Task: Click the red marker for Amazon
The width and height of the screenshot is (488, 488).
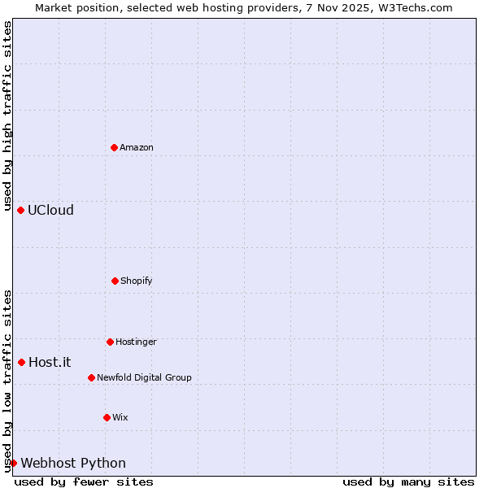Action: coord(114,147)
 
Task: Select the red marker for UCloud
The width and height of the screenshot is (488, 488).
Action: coord(20,210)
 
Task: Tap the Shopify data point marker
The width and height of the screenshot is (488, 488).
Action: coord(115,281)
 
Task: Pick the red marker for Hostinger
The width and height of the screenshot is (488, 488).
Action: coord(110,342)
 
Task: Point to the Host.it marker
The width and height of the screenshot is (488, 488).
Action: coord(21,362)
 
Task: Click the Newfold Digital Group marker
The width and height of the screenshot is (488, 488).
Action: coord(91,377)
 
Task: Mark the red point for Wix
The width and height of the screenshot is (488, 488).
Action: coord(107,417)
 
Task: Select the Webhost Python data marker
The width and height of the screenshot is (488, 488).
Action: coord(13,463)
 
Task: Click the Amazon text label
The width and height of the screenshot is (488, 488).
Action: coord(137,147)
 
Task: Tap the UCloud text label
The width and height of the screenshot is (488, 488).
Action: coord(50,210)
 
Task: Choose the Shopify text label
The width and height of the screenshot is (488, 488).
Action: coord(136,281)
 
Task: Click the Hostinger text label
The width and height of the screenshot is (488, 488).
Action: coord(136,342)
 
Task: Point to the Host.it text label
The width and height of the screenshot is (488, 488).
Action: coord(50,362)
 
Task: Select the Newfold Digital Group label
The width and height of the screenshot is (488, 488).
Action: coord(144,377)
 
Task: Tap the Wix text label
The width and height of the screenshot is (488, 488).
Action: coord(120,417)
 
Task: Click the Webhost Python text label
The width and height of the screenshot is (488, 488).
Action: coord(73,463)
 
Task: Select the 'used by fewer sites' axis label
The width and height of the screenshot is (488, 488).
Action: coord(84,481)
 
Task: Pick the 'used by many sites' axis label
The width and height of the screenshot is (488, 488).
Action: coord(408,481)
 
